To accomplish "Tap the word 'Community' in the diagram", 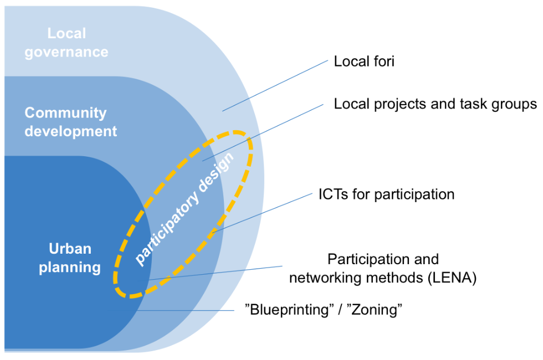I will (x=65, y=113).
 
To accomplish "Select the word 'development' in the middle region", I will (x=71, y=131).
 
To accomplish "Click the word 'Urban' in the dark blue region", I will (x=69, y=249).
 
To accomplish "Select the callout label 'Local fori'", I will (x=363, y=61).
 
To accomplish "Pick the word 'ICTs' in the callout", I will (x=334, y=194).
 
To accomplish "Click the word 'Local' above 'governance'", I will (x=66, y=33).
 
